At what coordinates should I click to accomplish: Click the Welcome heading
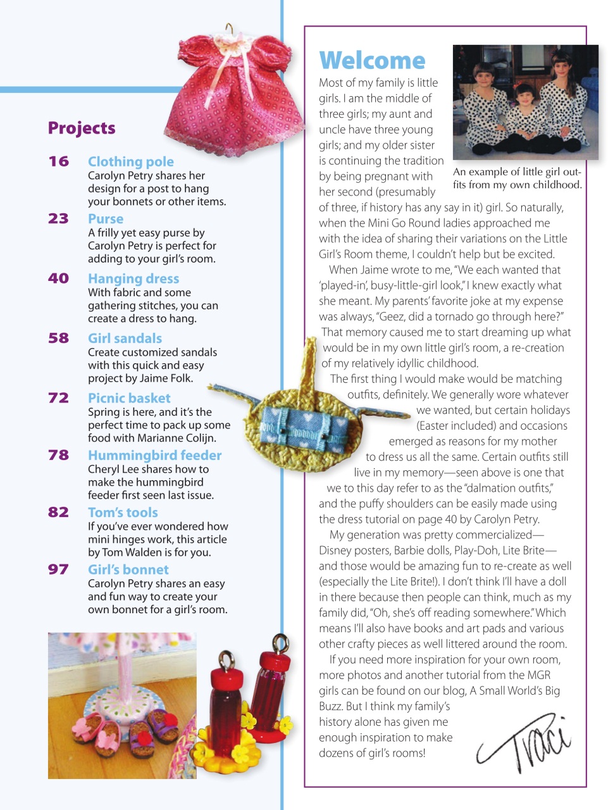[372, 61]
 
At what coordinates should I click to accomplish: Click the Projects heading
[82, 128]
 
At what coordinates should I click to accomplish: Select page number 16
[59, 161]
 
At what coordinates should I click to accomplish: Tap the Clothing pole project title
[130, 162]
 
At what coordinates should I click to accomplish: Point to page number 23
[59, 219]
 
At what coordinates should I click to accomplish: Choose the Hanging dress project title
[133, 279]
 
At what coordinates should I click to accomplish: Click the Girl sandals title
[125, 339]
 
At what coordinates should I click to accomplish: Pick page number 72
[59, 398]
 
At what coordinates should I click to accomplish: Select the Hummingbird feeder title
[154, 456]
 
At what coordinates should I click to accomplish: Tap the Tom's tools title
[123, 513]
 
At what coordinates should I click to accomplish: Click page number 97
[59, 570]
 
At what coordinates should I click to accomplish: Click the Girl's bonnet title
[128, 570]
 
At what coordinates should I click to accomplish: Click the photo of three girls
[525, 101]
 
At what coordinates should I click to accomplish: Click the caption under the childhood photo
[517, 178]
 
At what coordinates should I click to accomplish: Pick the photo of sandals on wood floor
[121, 706]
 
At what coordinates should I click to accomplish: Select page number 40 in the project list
[59, 278]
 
